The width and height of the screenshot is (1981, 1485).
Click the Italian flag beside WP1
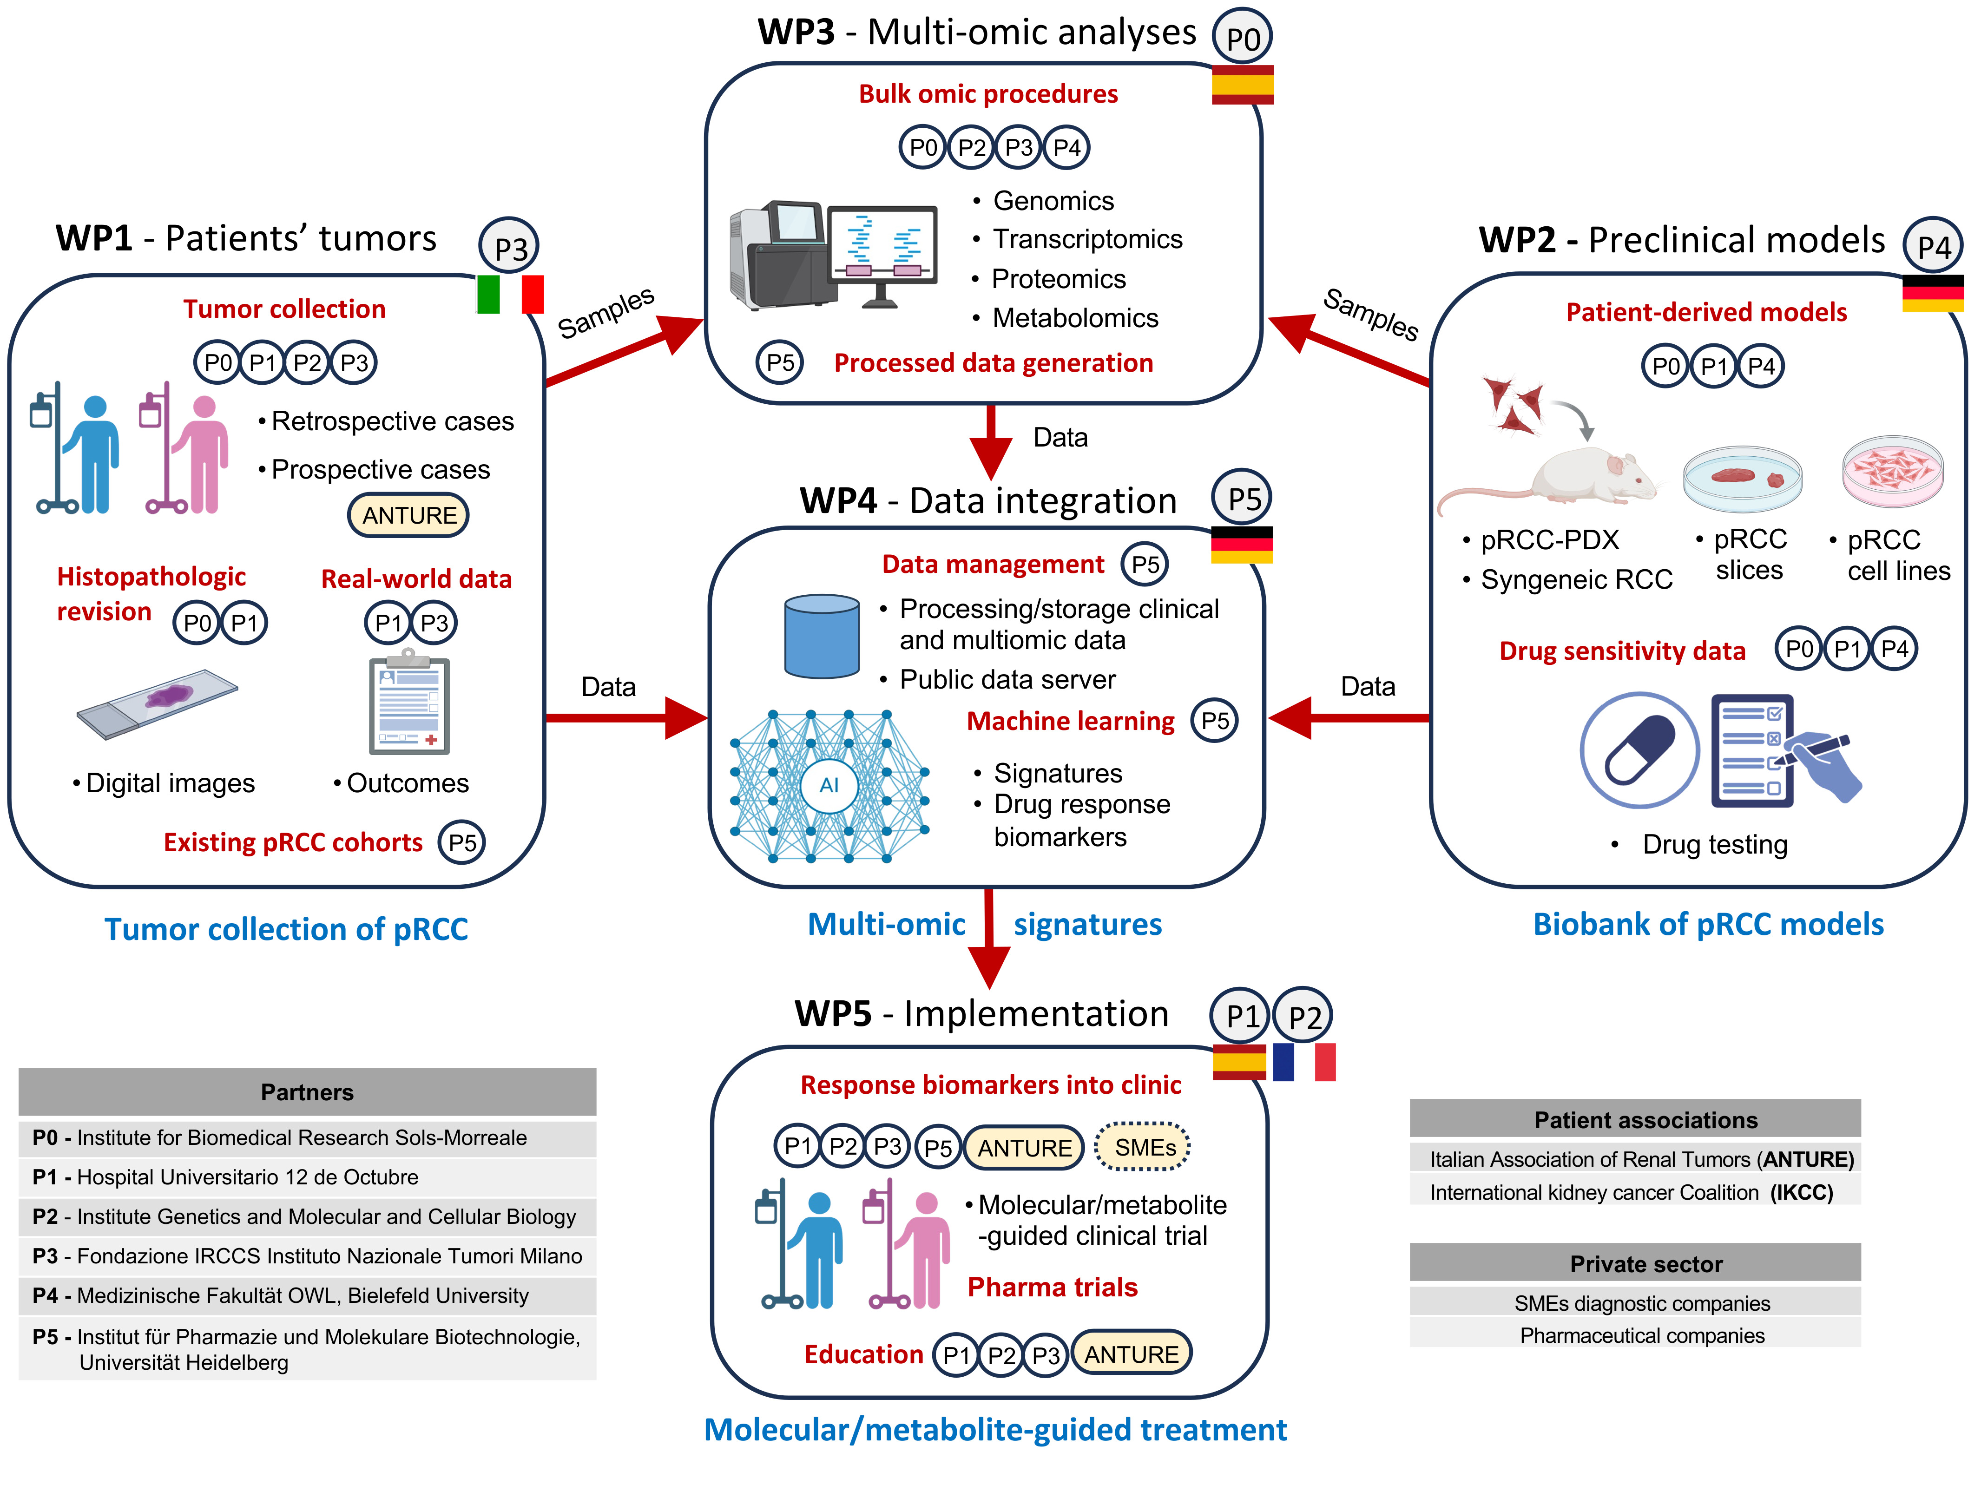510,294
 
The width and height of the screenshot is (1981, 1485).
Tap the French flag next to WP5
1304,1062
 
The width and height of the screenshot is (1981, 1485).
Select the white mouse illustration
1594,475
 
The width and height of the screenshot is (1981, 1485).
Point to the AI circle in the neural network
829,786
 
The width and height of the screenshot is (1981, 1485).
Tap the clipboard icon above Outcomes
409,703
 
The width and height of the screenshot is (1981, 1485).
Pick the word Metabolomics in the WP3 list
1075,318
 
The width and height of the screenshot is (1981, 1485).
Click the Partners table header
307,1092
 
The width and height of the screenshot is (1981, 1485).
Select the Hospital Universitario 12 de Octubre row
307,1177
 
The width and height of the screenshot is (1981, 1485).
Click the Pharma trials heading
1052,1287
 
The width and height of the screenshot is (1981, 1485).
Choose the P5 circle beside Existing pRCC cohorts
462,842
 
